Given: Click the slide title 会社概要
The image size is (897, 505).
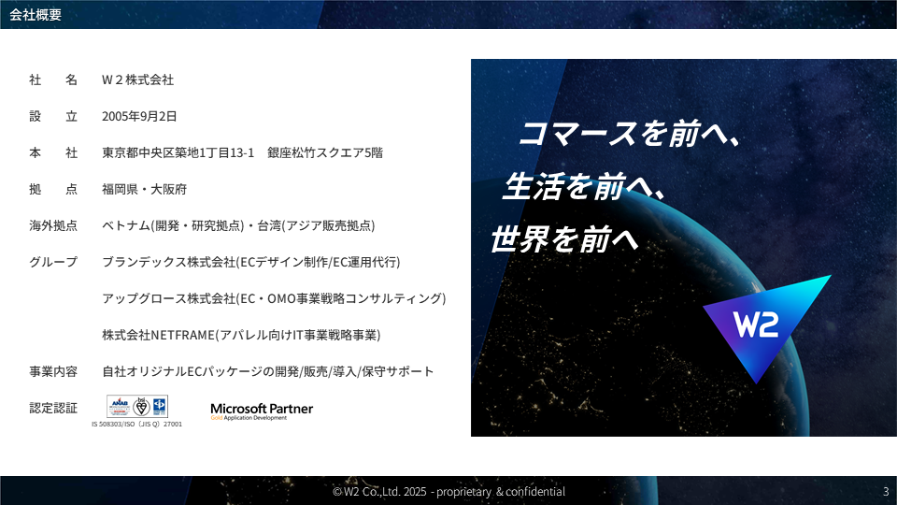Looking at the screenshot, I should [36, 14].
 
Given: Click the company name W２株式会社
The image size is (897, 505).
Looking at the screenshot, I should [138, 79].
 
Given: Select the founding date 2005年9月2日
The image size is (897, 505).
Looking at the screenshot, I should [139, 116].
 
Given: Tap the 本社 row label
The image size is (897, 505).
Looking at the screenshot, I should [52, 152].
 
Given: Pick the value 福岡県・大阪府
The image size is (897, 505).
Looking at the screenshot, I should [145, 189].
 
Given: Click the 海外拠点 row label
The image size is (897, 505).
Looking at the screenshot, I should [52, 225].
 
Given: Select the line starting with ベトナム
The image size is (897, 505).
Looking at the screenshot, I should [239, 225].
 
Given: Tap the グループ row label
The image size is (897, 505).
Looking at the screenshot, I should [52, 262].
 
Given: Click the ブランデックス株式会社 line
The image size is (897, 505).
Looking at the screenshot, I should [251, 262].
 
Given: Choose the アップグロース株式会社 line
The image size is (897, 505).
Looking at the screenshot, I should [274, 298].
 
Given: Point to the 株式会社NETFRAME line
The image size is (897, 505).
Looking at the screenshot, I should [241, 335].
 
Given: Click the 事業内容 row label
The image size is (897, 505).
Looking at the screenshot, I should [52, 371].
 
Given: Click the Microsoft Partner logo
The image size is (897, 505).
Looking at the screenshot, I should [262, 411].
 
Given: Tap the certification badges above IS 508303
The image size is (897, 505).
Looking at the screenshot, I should [136, 407].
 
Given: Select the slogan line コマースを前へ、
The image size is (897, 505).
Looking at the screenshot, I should [629, 135].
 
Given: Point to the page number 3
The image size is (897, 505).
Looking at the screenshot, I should [885, 492].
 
